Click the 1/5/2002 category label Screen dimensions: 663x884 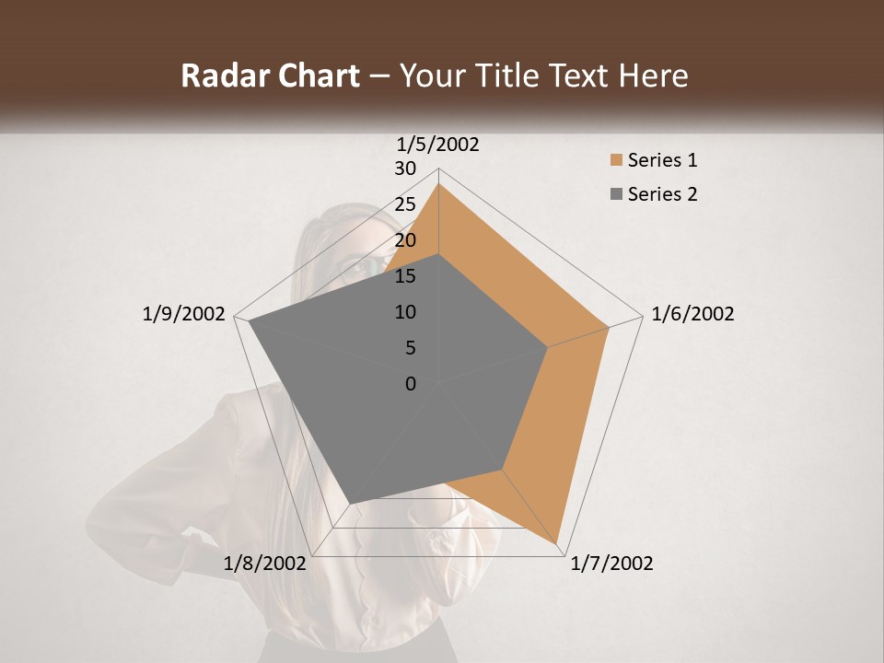(437, 144)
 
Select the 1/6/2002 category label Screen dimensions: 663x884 (692, 314)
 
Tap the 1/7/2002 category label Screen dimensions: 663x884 (611, 564)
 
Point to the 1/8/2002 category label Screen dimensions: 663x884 (264, 564)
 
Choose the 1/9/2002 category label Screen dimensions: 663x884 (184, 314)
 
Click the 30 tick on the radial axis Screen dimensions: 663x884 (405, 169)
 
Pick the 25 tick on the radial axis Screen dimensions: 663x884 (405, 204)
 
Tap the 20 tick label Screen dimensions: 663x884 (405, 240)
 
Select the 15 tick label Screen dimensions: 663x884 (405, 276)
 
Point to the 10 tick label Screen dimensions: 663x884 (405, 312)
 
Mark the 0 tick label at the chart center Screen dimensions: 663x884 (411, 384)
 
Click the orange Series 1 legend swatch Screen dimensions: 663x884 (616, 160)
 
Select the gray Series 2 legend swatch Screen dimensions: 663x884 (616, 194)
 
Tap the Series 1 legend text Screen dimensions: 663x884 (662, 160)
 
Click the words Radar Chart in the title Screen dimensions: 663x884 (270, 76)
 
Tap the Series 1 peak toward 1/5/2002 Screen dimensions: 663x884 (438, 184)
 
